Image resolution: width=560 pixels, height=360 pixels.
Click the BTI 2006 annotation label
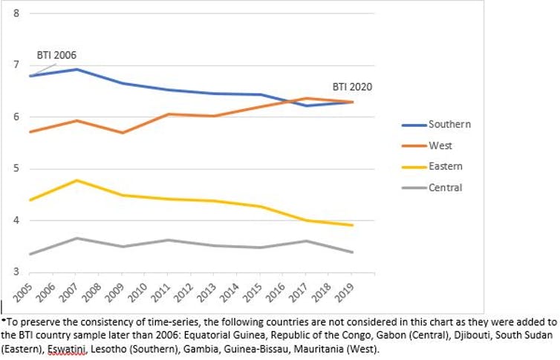coord(56,55)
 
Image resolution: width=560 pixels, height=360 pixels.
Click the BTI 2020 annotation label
coord(352,87)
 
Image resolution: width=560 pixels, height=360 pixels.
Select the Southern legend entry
coord(449,124)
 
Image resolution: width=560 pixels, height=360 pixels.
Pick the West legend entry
coord(440,145)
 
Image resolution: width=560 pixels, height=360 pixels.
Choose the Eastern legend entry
coord(444,167)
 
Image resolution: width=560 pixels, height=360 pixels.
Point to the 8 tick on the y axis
coord(16,13)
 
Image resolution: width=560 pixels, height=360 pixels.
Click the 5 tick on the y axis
coord(16,168)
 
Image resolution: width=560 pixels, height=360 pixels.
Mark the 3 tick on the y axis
coord(16,272)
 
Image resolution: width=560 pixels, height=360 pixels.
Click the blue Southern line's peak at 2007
coord(77,69)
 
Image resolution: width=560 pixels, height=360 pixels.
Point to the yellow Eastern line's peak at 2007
coord(77,180)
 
